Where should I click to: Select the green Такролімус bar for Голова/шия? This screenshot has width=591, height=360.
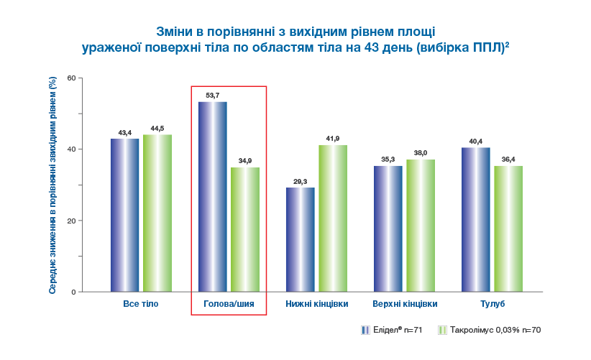tap(245, 229)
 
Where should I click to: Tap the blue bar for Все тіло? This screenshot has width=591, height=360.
tap(124, 215)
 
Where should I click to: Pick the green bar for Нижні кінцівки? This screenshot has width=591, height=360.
tap(333, 218)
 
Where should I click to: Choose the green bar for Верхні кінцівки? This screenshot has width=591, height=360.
tap(421, 226)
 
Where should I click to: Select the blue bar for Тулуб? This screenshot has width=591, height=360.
tap(476, 219)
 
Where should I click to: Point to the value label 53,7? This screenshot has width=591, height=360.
tap(212, 95)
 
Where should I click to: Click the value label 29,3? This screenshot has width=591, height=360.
tap(301, 182)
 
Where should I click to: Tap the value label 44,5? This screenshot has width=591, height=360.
tap(157, 129)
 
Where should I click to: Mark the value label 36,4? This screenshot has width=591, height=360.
tap(508, 160)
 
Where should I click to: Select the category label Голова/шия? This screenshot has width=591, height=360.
tap(229, 304)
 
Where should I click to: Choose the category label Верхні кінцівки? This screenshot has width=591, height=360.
tap(405, 304)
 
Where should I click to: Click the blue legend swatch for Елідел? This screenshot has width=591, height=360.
tap(365, 330)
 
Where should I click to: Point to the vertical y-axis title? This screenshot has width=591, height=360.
tap(52, 185)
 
